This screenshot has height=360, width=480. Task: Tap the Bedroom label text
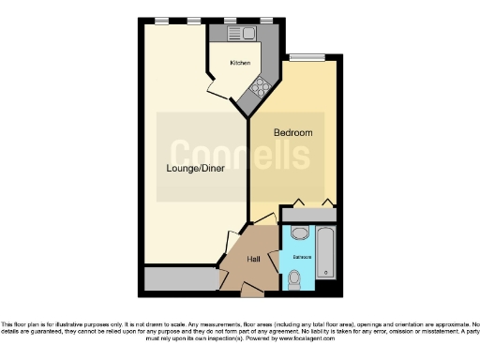click(292, 133)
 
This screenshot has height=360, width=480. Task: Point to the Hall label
click(254, 260)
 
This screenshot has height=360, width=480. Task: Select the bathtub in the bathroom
click(325, 252)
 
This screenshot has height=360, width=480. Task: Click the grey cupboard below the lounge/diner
click(178, 279)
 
